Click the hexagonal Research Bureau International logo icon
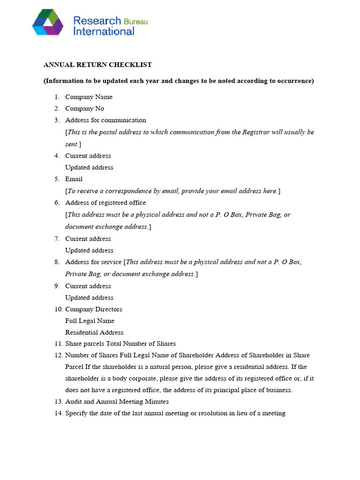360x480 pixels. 48,22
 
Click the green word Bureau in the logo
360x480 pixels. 135,22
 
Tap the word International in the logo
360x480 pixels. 104,32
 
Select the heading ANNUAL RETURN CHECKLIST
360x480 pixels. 97,65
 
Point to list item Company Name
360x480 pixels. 89,97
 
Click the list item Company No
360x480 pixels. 84,109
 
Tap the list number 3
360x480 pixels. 57,120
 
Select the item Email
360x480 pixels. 74,179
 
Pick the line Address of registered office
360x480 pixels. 105,203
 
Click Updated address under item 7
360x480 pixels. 89,250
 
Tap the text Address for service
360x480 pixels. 93,262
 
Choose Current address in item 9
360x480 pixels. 88,286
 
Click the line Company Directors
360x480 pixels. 93,309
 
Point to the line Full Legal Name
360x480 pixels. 90,321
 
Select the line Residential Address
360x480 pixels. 94,333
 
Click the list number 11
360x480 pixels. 58,344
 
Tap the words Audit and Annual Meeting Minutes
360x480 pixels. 117,402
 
